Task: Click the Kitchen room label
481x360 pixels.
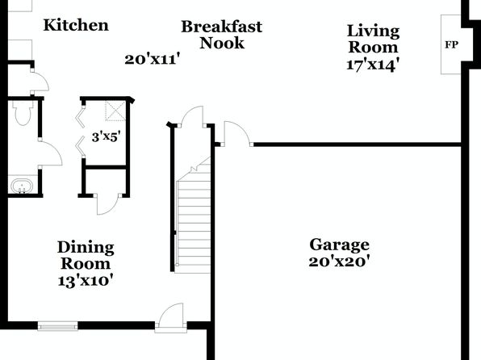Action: coord(76,25)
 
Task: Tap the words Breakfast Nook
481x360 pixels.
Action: coord(222,35)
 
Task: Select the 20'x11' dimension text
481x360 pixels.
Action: coord(152,59)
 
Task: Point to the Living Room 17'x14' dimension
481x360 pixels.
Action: coord(373,65)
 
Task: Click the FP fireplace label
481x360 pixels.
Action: coord(452,45)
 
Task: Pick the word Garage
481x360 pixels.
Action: coord(339,245)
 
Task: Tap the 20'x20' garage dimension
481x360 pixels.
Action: coord(339,262)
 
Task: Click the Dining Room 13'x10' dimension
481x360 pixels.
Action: coord(86,281)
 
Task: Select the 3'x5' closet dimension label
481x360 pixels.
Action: coord(106,136)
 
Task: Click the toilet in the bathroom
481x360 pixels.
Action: coord(23,113)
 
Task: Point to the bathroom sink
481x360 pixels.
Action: coord(22,186)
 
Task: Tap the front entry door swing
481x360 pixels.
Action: coord(170,318)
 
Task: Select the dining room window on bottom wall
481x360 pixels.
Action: coord(57,325)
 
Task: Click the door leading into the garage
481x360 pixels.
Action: coord(236,133)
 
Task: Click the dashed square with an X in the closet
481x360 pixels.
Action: coord(115,111)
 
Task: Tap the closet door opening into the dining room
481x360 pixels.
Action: coord(107,204)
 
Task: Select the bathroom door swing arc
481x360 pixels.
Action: coord(50,153)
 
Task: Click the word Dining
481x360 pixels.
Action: coord(86,248)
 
